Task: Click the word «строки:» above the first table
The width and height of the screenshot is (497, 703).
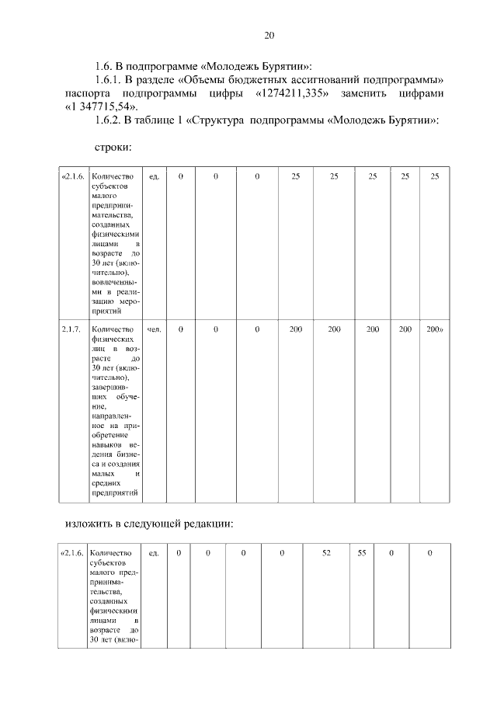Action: tap(112, 148)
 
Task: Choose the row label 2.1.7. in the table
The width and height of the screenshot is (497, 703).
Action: tap(71, 329)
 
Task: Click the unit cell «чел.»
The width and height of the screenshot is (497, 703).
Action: tap(154, 329)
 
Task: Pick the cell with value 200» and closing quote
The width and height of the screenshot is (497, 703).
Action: tap(435, 329)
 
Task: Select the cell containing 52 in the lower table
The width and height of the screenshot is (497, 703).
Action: tap(326, 552)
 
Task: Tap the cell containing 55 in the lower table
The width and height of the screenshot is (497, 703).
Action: tap(362, 552)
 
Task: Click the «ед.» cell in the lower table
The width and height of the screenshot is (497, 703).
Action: tap(154, 552)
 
